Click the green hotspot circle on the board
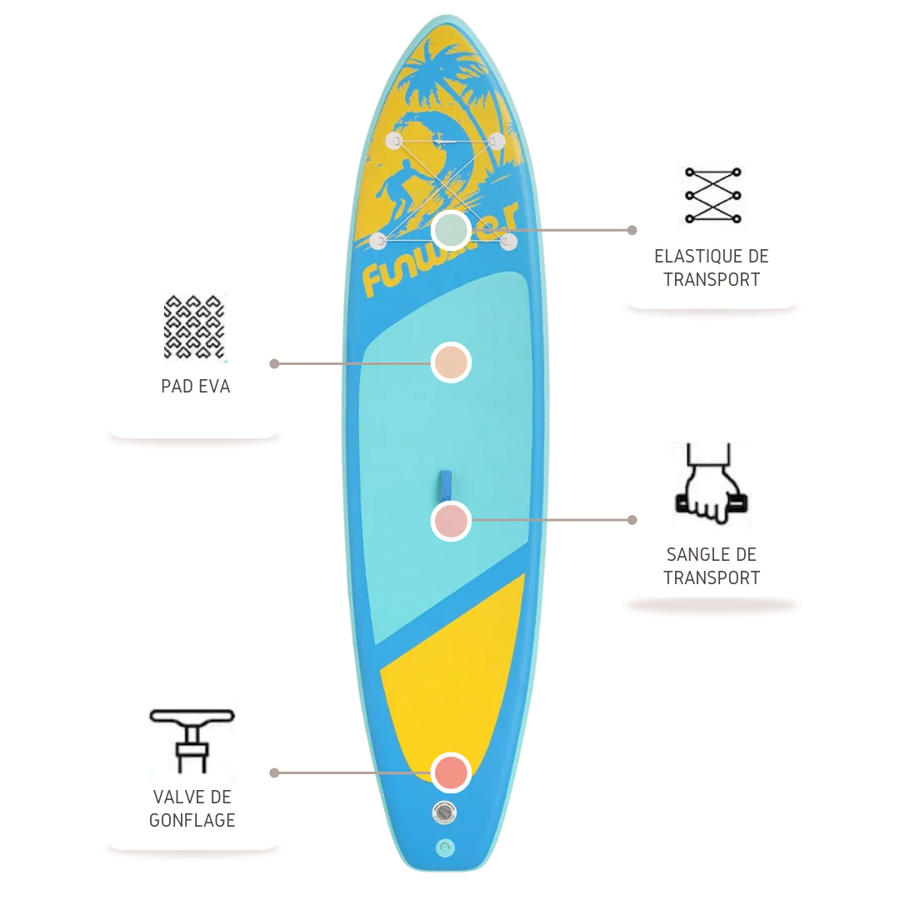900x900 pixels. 452,229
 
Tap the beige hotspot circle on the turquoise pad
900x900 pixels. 451,362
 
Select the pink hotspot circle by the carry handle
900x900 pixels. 451,521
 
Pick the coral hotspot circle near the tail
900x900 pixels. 451,772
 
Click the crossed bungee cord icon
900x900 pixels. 712,196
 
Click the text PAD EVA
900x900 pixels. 196,387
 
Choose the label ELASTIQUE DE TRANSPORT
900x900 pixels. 712,268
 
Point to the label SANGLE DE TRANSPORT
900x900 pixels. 712,566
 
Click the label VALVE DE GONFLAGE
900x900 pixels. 192,809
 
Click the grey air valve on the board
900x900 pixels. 445,812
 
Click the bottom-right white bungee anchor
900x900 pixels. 509,242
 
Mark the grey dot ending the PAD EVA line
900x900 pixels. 274,363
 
